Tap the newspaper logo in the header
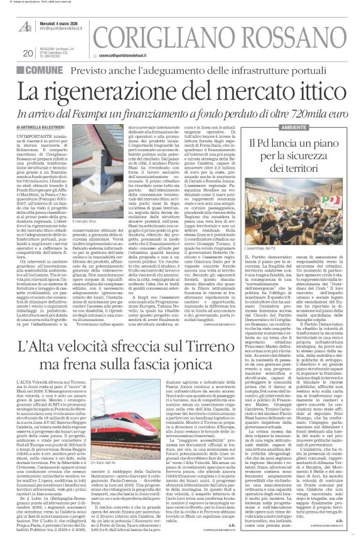pyautogui.click(x=26, y=25)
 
